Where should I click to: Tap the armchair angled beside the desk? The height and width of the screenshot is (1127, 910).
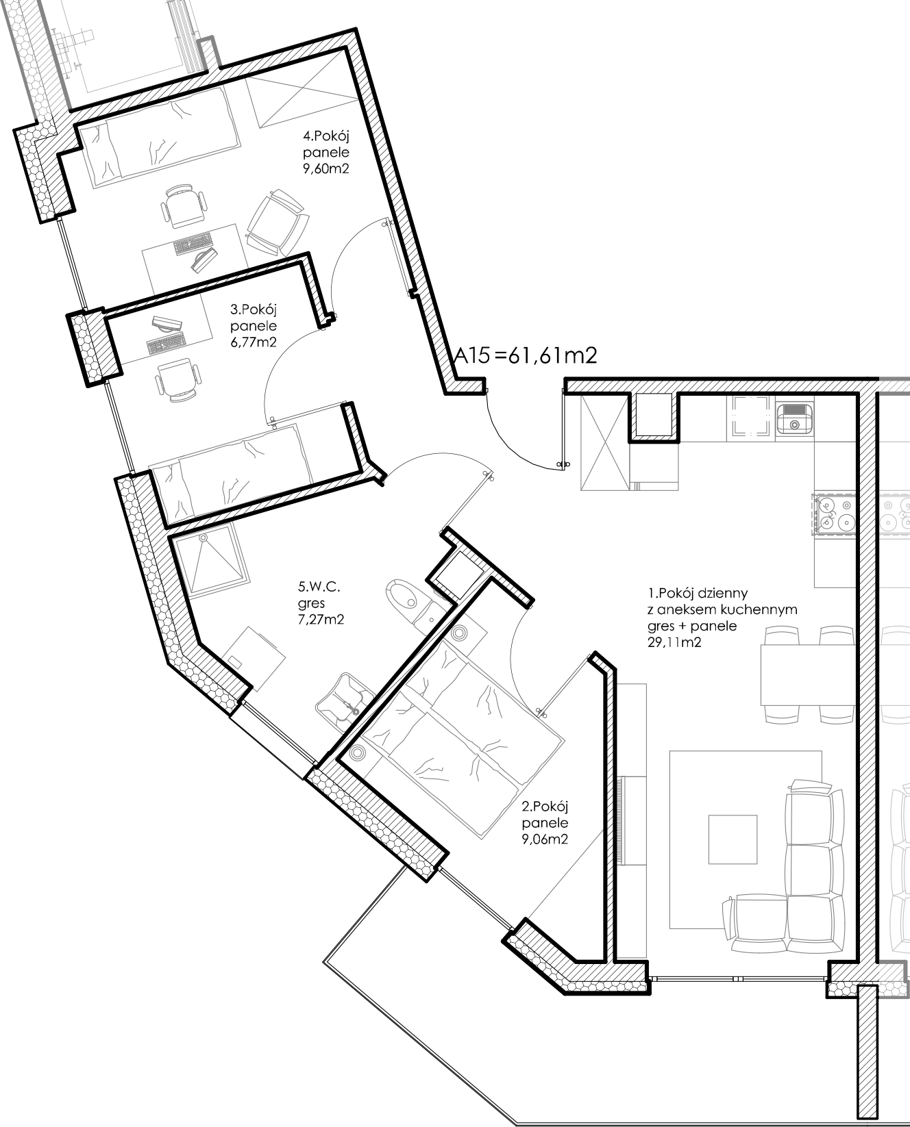pyautogui.click(x=278, y=223)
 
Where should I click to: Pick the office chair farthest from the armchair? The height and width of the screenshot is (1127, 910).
pyautogui.click(x=177, y=379)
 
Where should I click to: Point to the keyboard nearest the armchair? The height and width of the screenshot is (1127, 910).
pyautogui.click(x=194, y=244)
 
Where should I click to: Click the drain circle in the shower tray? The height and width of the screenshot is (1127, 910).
pyautogui.click(x=204, y=539)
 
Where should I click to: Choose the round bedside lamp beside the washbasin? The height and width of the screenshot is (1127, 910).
pyautogui.click(x=357, y=753)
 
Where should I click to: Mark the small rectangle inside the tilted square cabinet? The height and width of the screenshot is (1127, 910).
pyautogui.click(x=235, y=662)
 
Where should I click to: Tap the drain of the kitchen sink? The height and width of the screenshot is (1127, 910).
pyautogui.click(x=795, y=425)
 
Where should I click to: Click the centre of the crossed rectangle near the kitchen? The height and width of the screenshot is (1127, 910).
pyautogui.click(x=604, y=443)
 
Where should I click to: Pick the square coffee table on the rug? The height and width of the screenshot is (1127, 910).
pyautogui.click(x=733, y=839)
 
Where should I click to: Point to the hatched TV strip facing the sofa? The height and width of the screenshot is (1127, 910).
pyautogui.click(x=622, y=821)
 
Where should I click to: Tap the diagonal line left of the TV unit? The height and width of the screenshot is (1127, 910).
pyautogui.click(x=565, y=874)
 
